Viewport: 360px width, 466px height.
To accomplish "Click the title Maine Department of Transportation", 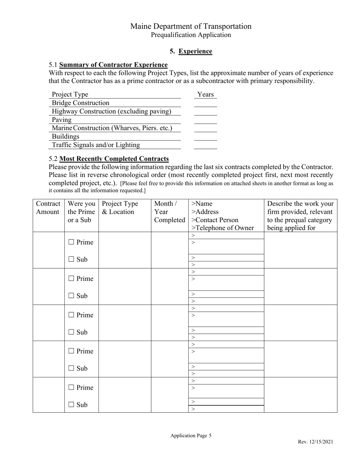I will click(191, 26).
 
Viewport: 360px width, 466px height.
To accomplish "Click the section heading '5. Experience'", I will click(191, 51).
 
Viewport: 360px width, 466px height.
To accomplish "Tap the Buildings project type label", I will click(66, 136).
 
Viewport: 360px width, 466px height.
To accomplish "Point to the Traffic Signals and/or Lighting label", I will click(96, 145).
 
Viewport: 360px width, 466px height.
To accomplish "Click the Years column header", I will click(205, 94).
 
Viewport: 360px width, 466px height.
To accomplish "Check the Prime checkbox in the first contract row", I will click(71, 242).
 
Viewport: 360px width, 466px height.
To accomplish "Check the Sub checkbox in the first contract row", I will click(71, 260).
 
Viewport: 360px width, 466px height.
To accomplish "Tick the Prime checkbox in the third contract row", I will click(71, 315).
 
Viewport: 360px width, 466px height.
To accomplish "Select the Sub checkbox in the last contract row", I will click(71, 405).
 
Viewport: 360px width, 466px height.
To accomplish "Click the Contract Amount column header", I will click(48, 208).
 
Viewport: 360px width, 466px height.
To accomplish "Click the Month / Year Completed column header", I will click(169, 212).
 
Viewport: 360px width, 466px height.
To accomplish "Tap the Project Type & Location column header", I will click(120, 208).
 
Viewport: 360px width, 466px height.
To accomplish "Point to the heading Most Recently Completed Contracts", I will click(114, 158).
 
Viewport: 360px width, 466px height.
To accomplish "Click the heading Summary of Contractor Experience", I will click(113, 65).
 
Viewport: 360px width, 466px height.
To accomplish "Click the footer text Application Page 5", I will click(191, 436).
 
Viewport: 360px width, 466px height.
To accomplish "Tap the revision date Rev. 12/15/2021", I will click(315, 442).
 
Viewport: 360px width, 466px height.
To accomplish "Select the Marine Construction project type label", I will click(112, 128).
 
